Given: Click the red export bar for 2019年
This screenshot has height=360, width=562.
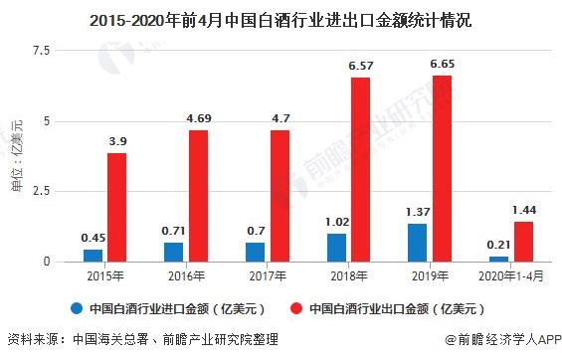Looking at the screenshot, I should coord(443,168).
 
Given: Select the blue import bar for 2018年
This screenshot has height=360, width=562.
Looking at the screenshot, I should coord(336,248).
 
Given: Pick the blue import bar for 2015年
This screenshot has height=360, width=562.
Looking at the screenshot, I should coord(93,255).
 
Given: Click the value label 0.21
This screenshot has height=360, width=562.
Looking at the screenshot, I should coord(499,245).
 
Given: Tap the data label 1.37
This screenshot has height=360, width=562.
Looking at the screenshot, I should coord(418,212).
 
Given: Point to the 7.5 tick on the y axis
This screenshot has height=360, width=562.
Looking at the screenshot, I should coord(41,50).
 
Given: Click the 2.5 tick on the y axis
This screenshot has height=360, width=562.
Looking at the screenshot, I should coord(41,191).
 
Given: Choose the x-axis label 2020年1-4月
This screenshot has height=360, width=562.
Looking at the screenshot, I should coord(511,274).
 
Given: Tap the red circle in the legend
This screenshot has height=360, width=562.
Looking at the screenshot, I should coord(296,307).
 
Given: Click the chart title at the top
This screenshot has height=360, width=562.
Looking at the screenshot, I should coord(281,17).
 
